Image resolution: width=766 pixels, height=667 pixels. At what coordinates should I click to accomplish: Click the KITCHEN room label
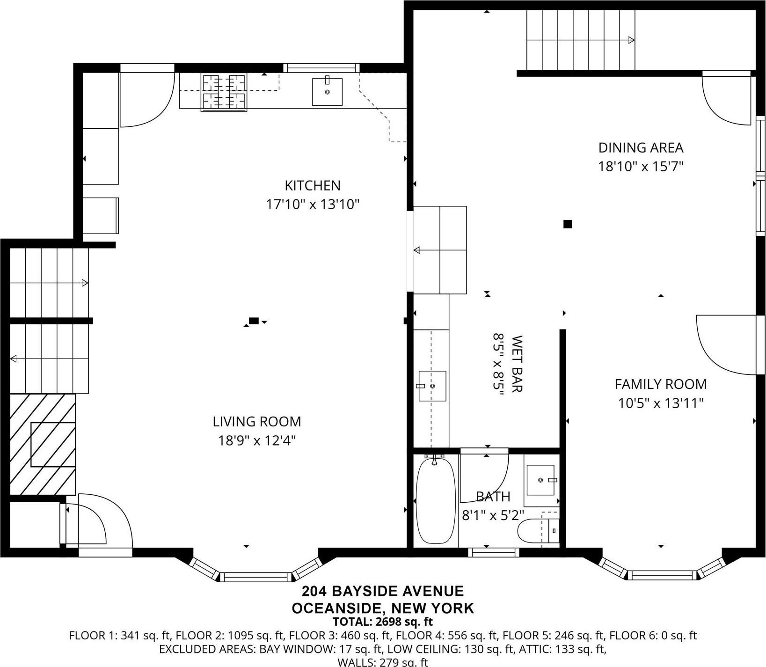[x=312, y=186]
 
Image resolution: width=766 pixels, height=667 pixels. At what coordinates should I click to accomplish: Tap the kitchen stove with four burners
[x=224, y=93]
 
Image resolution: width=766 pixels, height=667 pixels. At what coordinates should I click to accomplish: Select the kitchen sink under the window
[x=327, y=92]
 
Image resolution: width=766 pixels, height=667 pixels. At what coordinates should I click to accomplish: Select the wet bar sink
[x=432, y=386]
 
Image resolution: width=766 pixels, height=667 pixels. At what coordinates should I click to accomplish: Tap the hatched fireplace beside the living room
[x=43, y=444]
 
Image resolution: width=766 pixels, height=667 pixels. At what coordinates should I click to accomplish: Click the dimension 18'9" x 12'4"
[x=257, y=440]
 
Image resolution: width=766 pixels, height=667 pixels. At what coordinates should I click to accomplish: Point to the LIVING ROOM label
[x=257, y=422]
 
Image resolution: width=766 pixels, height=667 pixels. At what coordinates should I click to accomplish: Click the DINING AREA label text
[x=641, y=148]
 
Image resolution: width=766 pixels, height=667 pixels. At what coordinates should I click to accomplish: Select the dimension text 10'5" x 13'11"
[x=661, y=403]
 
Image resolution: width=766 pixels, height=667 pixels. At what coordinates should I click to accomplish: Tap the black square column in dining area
[x=568, y=224]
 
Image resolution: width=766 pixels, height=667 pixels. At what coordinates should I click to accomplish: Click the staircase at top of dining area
[x=580, y=40]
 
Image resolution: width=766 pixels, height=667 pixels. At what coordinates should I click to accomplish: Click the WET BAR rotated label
[x=517, y=364]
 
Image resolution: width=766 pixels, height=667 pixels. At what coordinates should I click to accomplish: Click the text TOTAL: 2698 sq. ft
[x=382, y=622]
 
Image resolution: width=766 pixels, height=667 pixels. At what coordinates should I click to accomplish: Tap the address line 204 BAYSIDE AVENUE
[x=382, y=591]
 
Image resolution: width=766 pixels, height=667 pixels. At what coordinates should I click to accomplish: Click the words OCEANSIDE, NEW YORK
[x=382, y=608]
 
